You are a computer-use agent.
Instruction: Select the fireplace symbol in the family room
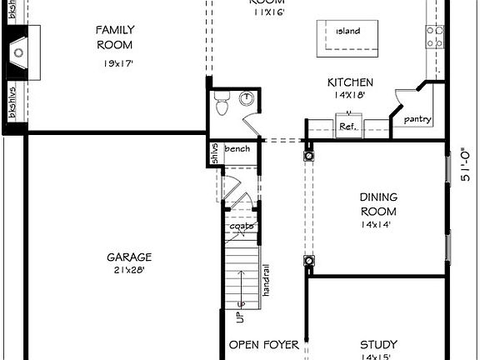[18, 53]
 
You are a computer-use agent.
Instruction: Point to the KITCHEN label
[349, 82]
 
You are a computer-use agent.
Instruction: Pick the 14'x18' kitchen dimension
[349, 96]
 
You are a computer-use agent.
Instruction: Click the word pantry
[417, 119]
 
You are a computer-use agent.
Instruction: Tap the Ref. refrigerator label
[347, 127]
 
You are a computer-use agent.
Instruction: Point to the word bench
[237, 149]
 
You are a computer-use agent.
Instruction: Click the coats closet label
[242, 226]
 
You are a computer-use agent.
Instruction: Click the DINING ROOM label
[378, 203]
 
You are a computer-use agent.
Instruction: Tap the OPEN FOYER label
[261, 345]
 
